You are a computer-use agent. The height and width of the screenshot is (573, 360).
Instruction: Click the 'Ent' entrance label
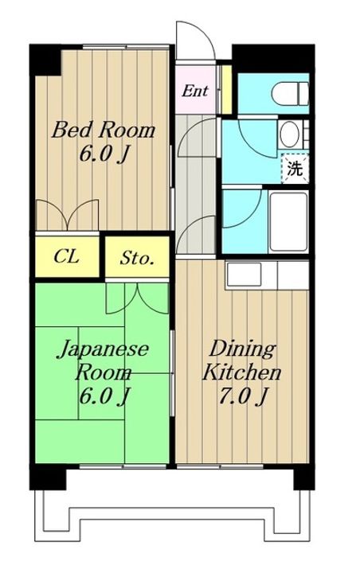coord(195,90)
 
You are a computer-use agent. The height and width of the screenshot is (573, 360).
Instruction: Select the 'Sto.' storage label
coord(138,258)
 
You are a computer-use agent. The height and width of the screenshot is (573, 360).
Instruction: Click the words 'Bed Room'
coord(104,130)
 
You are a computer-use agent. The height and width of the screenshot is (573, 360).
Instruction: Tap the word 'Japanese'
coord(104,349)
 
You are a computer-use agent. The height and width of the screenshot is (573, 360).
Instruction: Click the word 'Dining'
coord(242,349)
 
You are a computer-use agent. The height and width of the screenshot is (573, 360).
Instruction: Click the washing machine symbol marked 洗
coord(295,168)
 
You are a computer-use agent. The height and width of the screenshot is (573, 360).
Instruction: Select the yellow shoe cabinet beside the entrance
coord(226,90)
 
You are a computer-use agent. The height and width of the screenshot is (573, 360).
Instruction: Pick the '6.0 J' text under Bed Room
coord(103,154)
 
